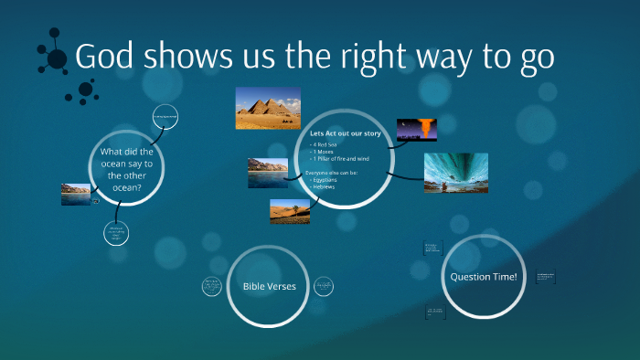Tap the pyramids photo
[268, 108]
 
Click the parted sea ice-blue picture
[455, 173]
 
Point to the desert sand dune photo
[290, 211]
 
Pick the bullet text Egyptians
[328, 181]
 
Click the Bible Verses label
[269, 286]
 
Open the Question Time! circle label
[483, 276]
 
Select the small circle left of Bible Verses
[212, 286]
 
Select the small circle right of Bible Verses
[325, 286]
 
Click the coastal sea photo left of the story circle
[268, 173]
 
